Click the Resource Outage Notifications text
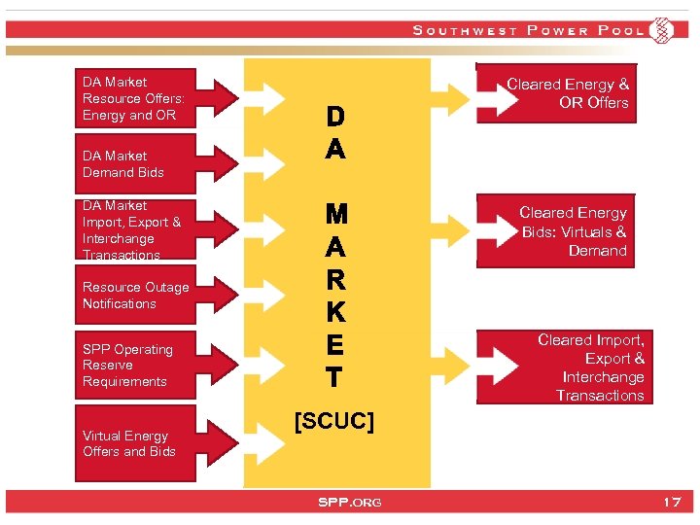point(136,296)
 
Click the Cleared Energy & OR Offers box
point(568,94)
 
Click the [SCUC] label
point(333,422)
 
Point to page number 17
point(671,502)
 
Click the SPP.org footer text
point(350,502)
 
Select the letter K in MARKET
point(334,313)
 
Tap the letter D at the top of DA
point(334,118)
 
